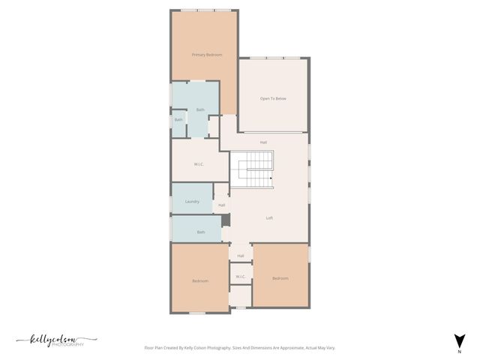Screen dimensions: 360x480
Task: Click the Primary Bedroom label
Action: point(207,55)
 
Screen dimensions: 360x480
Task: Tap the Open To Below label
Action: point(273,99)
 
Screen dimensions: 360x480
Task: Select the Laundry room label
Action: point(191,202)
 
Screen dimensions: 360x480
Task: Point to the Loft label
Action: point(269,218)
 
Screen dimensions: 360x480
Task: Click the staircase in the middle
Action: point(251,169)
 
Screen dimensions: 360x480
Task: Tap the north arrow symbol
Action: point(459,340)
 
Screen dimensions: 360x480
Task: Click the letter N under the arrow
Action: point(459,351)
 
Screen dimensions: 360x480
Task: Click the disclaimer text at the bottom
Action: point(239,348)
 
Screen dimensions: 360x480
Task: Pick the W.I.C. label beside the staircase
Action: point(199,164)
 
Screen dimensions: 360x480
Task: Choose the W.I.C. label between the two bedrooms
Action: point(241,277)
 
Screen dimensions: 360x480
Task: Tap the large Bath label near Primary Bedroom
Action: point(200,110)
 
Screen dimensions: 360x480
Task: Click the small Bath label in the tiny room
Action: point(178,120)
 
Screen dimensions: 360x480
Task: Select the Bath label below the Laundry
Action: point(201,232)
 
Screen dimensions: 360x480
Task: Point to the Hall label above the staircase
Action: point(263,142)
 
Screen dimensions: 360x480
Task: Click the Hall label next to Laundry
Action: point(221,205)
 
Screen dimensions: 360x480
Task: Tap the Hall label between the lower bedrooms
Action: point(241,256)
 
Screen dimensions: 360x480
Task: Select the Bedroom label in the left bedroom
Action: point(199,281)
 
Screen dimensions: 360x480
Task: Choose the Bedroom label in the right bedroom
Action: point(280,279)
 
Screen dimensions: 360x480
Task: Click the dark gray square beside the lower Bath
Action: point(226,220)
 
